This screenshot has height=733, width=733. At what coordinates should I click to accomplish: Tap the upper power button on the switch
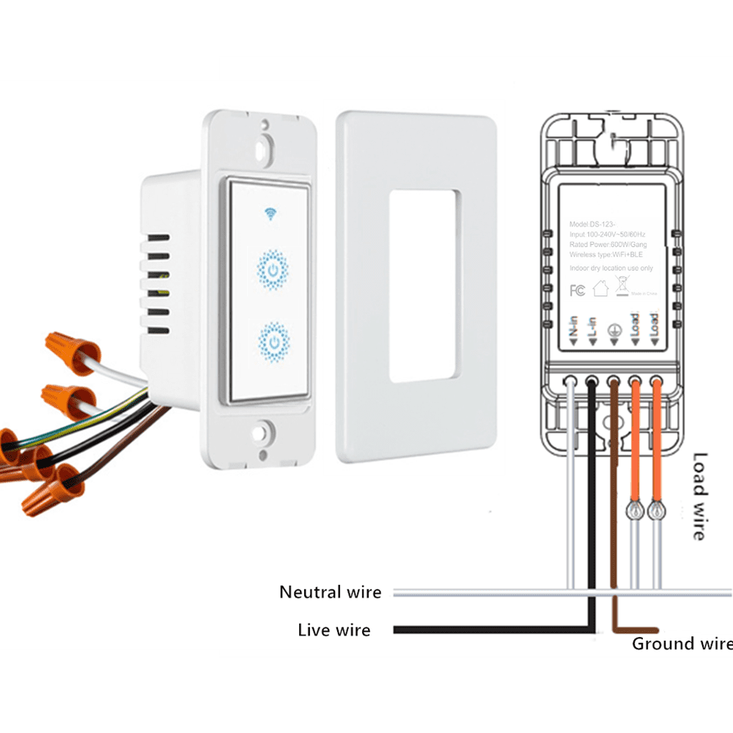pos(273,271)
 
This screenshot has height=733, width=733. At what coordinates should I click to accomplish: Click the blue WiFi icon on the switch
pos(271,214)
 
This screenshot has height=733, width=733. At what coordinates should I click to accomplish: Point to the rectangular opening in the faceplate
pos(425,285)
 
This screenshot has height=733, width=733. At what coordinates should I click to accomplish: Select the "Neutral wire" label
pos(330,592)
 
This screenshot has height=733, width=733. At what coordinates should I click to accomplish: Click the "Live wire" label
pos(334,630)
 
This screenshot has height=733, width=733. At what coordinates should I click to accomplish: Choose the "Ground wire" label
pos(682,644)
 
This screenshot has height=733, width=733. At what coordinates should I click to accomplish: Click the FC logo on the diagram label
pos(578,290)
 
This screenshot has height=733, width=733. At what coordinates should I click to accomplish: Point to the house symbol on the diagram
pos(600,289)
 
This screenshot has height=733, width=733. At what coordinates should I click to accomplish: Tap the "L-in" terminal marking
pos(592,329)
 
